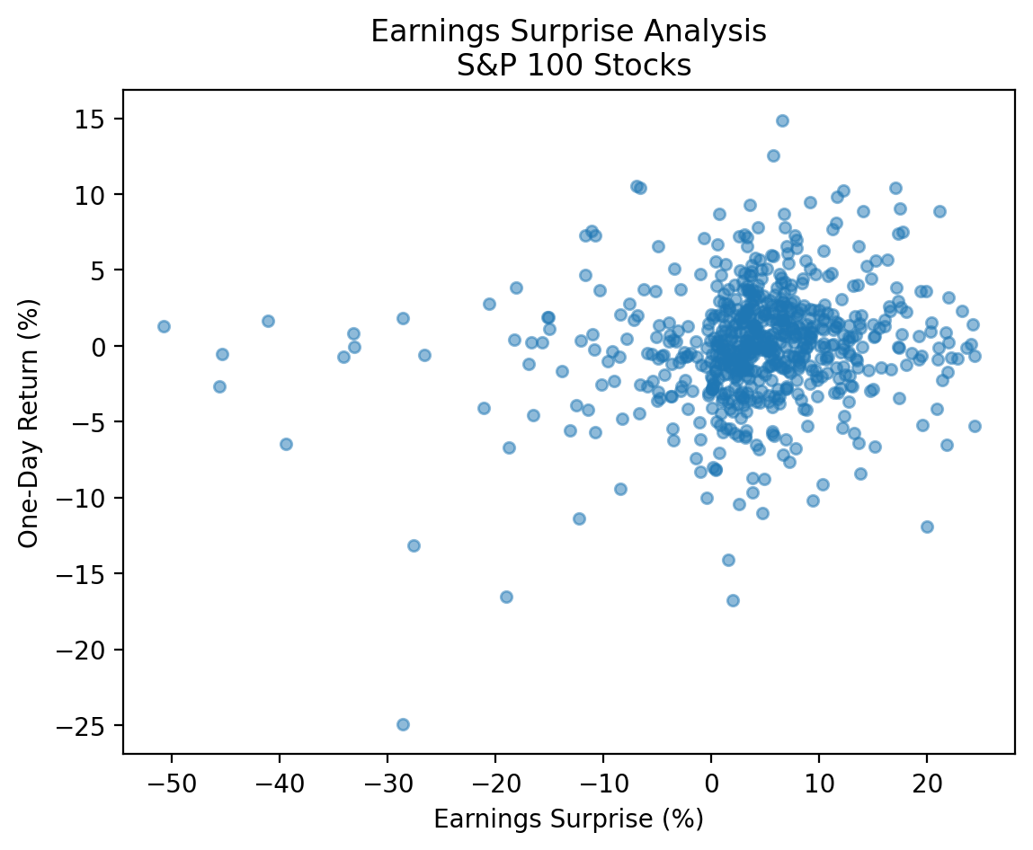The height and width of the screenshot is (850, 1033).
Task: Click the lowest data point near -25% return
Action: click(403, 724)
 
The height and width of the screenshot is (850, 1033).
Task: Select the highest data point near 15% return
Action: click(782, 120)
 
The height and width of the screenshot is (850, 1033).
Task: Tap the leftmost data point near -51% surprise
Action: click(164, 326)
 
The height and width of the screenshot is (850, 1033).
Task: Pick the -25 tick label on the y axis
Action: click(90, 726)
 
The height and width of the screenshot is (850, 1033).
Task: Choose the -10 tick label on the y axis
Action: click(90, 499)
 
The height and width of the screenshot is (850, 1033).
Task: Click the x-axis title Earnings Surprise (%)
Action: click(568, 819)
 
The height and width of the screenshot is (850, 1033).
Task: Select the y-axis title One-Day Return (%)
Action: click(29, 421)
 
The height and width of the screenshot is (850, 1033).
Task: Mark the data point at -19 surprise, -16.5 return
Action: click(506, 597)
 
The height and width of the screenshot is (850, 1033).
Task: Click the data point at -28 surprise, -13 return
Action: click(414, 545)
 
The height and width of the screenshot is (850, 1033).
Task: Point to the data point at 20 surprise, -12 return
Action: click(927, 527)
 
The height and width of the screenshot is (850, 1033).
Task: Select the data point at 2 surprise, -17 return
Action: click(733, 600)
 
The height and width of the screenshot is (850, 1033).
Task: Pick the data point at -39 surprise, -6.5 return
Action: click(286, 444)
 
